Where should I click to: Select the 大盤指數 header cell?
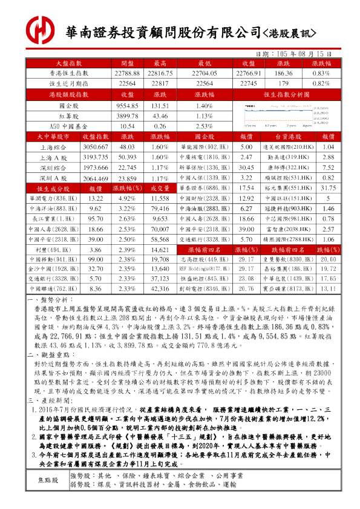coord(69,63)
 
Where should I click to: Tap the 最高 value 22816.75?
coord(160,73)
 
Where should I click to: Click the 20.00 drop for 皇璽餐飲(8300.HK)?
coord(328,260)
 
